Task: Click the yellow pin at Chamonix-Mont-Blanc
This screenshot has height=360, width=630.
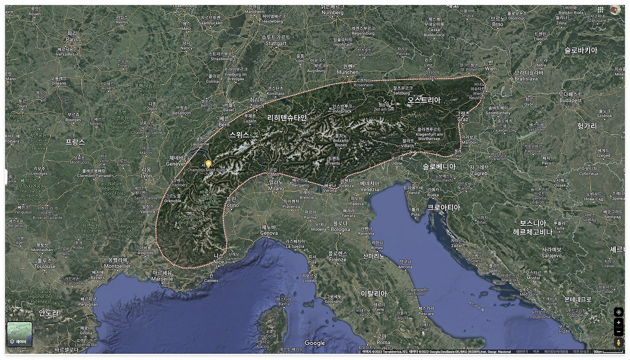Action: tap(208, 163)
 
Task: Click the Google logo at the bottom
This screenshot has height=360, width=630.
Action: tap(315, 343)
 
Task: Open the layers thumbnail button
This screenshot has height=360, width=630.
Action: tap(20, 334)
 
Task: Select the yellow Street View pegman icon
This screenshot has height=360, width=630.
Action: tap(618, 342)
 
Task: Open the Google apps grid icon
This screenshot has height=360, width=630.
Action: tap(600, 9)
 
